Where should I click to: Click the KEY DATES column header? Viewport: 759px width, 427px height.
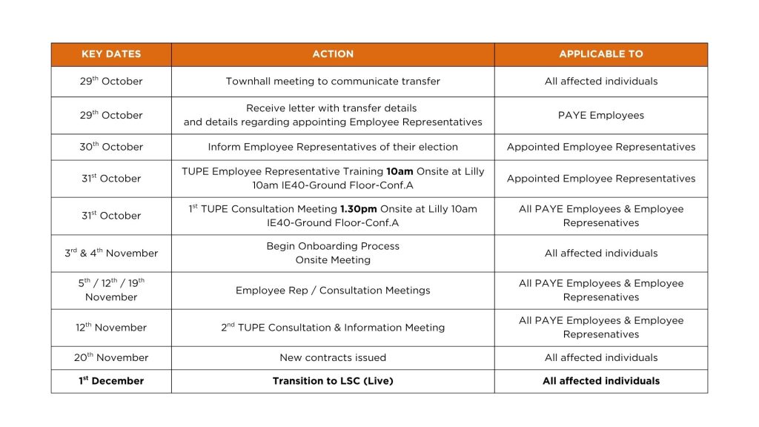111,54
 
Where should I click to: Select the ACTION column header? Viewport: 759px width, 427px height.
333,54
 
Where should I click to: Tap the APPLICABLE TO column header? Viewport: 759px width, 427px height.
600,54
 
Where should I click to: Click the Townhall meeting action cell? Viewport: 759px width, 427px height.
333,82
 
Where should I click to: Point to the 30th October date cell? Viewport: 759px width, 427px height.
111,147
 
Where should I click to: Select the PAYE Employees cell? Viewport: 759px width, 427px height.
600,115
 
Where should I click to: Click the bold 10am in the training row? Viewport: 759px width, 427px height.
400,171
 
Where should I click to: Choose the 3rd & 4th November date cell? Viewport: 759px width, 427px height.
111,253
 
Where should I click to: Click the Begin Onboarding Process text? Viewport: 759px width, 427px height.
333,246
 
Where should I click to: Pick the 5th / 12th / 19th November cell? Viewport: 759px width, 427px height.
111,290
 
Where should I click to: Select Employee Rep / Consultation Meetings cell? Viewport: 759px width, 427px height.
333,291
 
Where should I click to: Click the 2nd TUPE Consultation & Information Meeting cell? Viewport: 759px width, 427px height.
333,328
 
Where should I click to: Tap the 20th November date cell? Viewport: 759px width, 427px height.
111,357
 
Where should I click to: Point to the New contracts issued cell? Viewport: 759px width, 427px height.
333,357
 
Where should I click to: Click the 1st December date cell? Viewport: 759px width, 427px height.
111,381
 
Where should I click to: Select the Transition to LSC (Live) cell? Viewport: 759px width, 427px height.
333,381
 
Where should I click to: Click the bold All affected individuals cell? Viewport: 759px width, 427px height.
600,381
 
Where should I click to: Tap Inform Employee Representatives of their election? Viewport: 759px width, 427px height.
333,147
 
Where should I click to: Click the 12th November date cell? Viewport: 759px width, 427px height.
111,328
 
